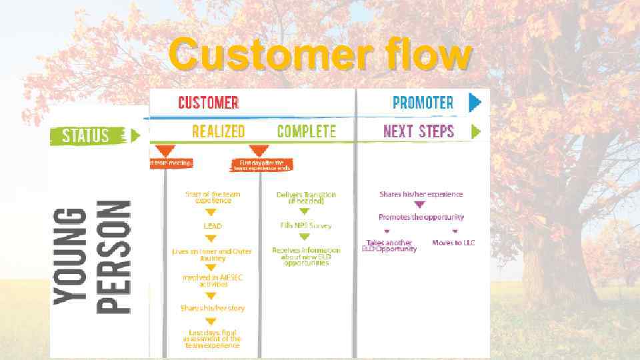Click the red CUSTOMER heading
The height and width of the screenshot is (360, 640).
[x=208, y=103]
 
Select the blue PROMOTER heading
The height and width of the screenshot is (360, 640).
[x=423, y=103]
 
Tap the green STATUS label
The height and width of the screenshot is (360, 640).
[x=86, y=136]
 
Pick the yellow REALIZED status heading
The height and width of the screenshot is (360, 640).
[x=218, y=131]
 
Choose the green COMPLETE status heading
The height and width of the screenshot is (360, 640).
[x=306, y=131]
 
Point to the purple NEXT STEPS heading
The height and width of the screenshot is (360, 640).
[x=418, y=131]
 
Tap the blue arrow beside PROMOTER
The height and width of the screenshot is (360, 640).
[x=475, y=102]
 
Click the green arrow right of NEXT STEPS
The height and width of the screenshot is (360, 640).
[x=476, y=131]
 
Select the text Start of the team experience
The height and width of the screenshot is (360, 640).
[x=213, y=197]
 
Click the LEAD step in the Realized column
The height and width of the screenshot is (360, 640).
[x=212, y=227]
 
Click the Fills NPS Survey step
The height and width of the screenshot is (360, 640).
[x=306, y=225]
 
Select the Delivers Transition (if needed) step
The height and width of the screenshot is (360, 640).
[x=306, y=197]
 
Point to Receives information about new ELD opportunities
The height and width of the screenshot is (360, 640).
[x=306, y=256]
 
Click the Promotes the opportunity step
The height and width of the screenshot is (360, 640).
[x=421, y=217]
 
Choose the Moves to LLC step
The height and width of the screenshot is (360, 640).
[x=453, y=243]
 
